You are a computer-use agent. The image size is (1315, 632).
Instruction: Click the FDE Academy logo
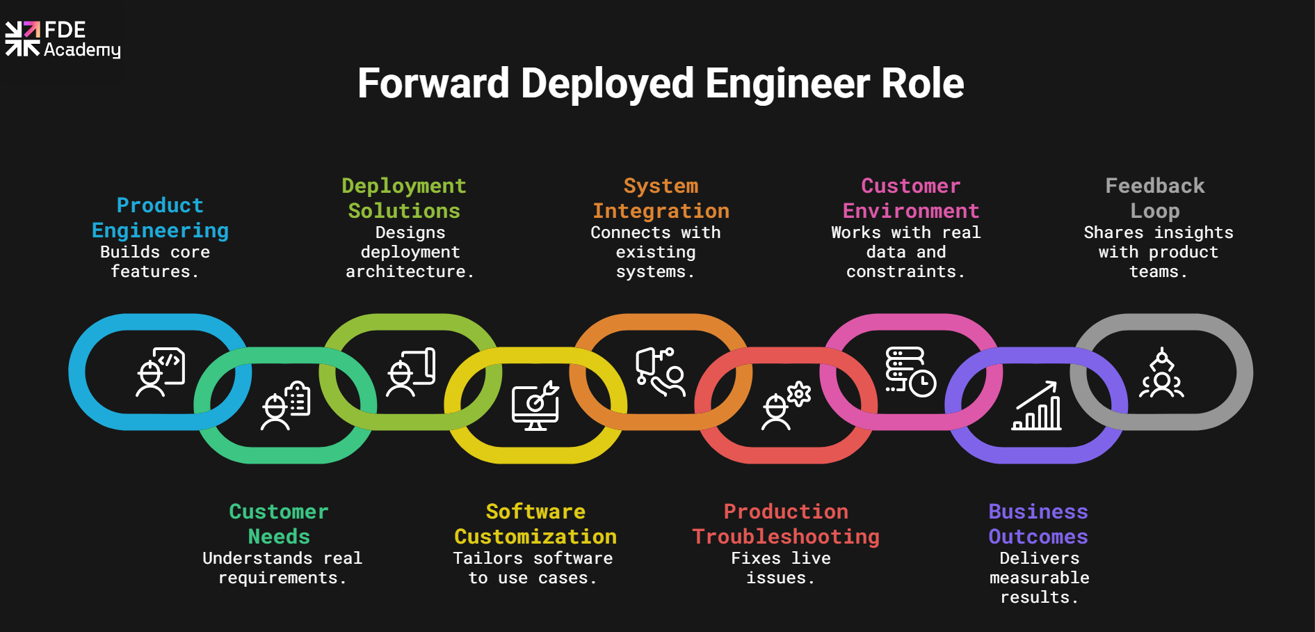[63, 40]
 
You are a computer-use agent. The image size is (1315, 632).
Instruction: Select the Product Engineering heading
[160, 218]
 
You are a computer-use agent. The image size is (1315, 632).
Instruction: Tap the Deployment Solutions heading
[404, 198]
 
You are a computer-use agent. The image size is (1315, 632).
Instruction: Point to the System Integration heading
[661, 198]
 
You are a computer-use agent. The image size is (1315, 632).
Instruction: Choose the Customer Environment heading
[911, 198]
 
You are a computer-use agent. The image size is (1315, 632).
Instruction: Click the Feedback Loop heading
[1155, 198]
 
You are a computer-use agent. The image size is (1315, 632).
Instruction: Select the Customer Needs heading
[279, 524]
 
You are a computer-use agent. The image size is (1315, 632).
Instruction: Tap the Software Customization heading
[535, 524]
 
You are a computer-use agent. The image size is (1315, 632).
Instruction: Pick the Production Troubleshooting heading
[786, 524]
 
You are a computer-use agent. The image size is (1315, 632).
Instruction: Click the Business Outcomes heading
[1038, 524]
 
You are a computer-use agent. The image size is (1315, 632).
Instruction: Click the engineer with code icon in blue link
[161, 372]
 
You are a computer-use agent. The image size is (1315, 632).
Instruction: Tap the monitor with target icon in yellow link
[535, 406]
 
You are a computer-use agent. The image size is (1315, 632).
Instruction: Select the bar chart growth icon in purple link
[1037, 406]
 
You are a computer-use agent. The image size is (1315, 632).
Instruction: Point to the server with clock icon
[910, 372]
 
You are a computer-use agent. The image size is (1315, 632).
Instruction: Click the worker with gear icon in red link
[786, 406]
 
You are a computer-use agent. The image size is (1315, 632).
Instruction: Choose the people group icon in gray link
[1161, 373]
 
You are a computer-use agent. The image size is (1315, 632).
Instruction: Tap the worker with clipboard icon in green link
[286, 406]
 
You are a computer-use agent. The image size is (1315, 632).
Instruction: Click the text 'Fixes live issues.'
[781, 568]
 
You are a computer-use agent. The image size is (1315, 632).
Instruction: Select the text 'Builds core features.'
[155, 262]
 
